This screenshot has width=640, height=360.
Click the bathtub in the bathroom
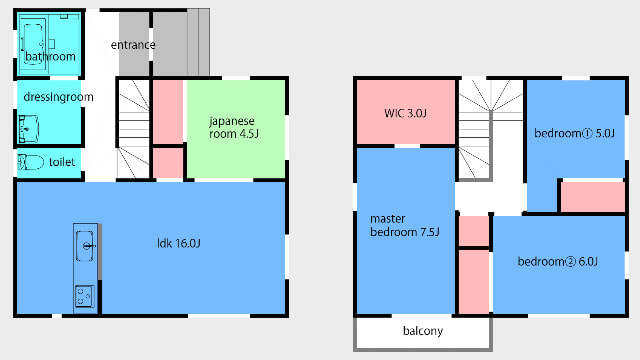coord(33,43)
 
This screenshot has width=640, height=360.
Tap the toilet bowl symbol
coord(31,162)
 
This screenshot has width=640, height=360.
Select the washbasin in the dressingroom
coord(29,129)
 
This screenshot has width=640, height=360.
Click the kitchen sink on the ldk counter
coord(84,246)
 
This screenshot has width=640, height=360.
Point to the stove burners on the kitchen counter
coord(84,296)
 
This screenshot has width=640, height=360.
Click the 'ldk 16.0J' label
coord(179,244)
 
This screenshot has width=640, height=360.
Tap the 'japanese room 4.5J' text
coord(233,127)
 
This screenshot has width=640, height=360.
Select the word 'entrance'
coord(133,45)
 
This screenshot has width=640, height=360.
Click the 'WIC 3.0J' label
coord(405,113)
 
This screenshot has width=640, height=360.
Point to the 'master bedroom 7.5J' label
coord(404,225)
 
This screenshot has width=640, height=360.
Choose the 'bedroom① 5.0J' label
coord(574,133)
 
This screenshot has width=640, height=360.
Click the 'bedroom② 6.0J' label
coord(558,261)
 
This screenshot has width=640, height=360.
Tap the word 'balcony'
coord(423,331)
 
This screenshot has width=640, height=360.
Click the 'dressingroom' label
coord(58,97)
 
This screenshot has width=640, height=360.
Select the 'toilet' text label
coord(62,162)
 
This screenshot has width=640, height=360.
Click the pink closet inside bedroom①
coord(593,197)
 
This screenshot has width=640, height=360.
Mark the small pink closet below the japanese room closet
coord(168,163)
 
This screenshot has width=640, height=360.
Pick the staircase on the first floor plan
coord(133,129)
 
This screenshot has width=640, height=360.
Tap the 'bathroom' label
coord(50,56)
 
